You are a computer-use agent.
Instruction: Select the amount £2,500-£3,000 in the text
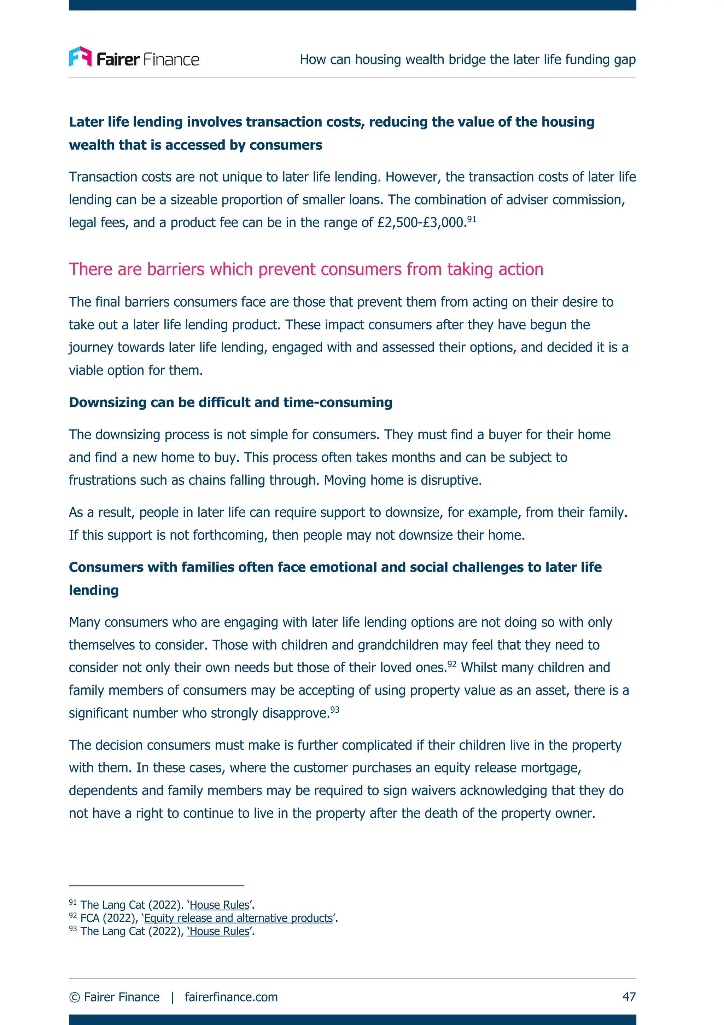click(x=421, y=222)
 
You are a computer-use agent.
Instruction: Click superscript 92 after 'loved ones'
click(x=452, y=664)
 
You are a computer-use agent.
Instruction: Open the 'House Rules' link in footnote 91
click(x=220, y=905)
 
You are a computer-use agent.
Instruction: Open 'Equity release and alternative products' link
click(x=238, y=918)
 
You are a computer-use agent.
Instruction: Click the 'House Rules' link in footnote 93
click(x=218, y=931)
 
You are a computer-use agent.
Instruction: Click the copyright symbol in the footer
click(x=75, y=997)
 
